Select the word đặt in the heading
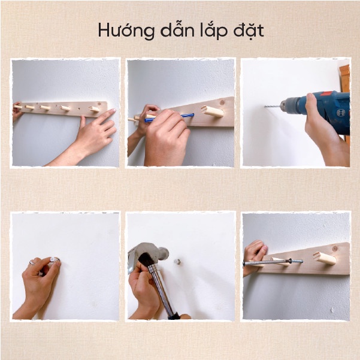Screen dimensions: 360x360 [x=249, y=30]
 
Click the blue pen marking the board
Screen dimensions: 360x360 [x=169, y=117]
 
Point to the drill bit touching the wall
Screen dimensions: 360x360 [x=273, y=107]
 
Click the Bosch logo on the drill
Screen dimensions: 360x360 [x=341, y=113]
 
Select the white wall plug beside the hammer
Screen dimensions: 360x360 [x=177, y=262]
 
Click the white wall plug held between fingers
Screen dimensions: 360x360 [x=54, y=260]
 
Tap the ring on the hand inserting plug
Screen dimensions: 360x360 [x=32, y=263]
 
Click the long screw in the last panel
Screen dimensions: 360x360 [x=273, y=262]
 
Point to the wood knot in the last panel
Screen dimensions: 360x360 [x=335, y=249]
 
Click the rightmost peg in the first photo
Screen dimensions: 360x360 [x=95, y=109]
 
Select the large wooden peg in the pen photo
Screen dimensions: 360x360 [x=213, y=111]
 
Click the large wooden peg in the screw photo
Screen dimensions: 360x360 [x=325, y=258]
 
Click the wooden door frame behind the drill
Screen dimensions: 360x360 [x=344, y=78]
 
